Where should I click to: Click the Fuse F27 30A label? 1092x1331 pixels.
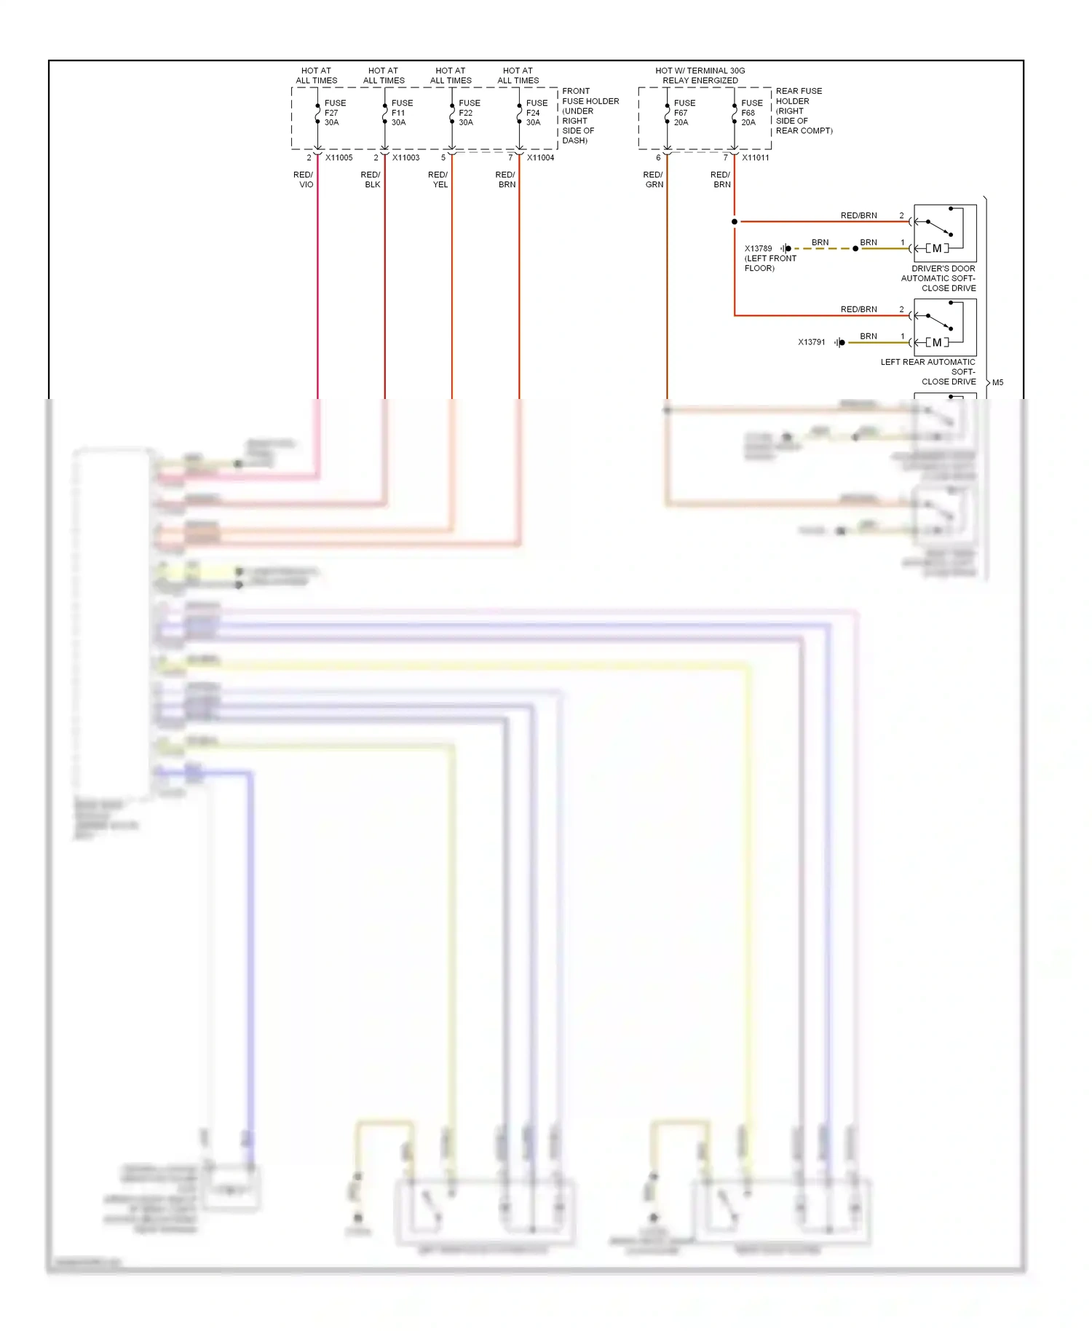(x=334, y=113)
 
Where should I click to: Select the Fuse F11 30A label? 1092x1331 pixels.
(x=401, y=113)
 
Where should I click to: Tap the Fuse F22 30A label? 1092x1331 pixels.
(x=469, y=113)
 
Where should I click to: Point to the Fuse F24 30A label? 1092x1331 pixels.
(x=536, y=113)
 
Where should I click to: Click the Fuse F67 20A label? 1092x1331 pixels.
(x=684, y=113)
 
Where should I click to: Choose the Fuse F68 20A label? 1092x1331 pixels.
(x=751, y=113)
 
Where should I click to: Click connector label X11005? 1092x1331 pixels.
(x=339, y=158)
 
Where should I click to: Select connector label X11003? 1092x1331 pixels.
(x=405, y=158)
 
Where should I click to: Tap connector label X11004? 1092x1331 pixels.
(x=540, y=158)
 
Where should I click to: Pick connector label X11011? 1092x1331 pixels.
(x=755, y=158)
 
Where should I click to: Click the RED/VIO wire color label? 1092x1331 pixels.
(x=304, y=180)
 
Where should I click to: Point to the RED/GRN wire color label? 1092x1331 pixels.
(x=653, y=180)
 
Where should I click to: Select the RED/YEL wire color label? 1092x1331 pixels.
(x=438, y=180)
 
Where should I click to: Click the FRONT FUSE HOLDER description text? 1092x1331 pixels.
(x=590, y=116)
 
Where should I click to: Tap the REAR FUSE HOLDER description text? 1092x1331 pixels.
(x=803, y=111)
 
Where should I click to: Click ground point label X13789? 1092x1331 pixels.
(x=758, y=249)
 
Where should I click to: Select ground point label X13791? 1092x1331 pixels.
(x=811, y=342)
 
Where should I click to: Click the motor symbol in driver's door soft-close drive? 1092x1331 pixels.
(x=937, y=248)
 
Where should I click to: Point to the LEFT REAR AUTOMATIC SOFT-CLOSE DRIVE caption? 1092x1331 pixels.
(x=928, y=371)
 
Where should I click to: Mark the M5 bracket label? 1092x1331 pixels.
(x=997, y=383)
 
